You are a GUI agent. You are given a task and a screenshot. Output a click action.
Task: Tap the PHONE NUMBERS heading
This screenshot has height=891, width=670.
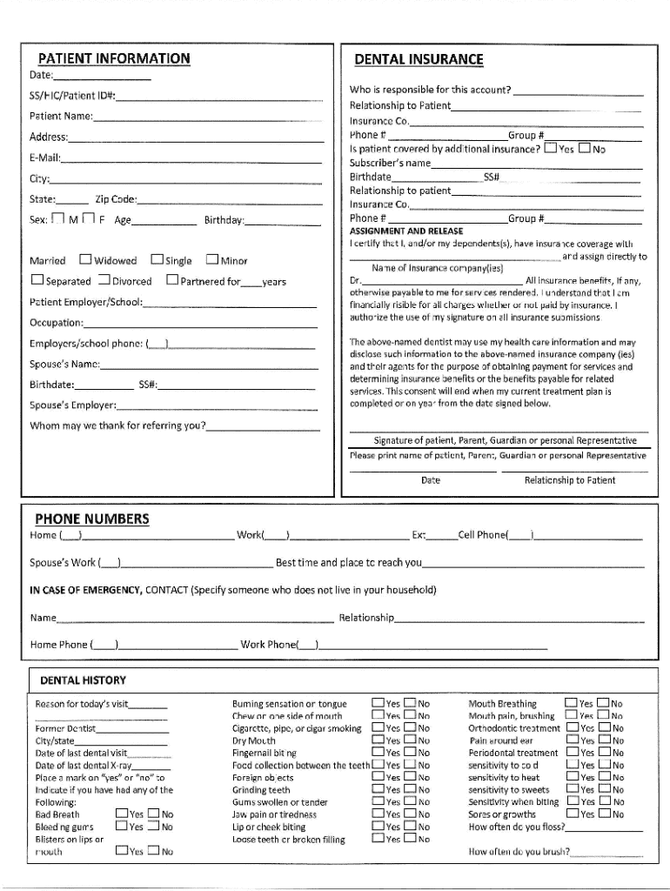pos(91,519)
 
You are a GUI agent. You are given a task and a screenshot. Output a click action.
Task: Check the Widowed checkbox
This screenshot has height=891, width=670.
pos(85,259)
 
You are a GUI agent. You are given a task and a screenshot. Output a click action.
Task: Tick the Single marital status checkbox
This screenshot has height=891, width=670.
pos(157,259)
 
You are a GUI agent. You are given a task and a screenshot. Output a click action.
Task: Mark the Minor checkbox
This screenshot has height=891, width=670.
pos(211,259)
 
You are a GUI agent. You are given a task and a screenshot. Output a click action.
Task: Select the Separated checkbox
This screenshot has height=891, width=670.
pos(37,280)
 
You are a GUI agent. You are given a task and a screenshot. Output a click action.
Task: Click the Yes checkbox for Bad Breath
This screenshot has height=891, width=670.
pos(121,814)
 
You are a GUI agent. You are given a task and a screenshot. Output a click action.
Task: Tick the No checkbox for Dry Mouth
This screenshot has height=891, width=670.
pos(410,740)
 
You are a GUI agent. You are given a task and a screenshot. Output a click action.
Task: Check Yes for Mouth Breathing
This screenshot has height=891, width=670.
pos(571,703)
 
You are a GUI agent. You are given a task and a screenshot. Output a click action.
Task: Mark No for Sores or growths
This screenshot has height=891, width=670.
pos(604,814)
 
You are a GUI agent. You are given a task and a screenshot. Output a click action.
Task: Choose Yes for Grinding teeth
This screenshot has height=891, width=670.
pos(378,790)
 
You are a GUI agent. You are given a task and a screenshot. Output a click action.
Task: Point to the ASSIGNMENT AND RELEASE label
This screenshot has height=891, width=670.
pos(405,232)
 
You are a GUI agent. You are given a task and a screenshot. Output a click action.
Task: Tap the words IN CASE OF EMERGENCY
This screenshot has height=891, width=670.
pos(85,590)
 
